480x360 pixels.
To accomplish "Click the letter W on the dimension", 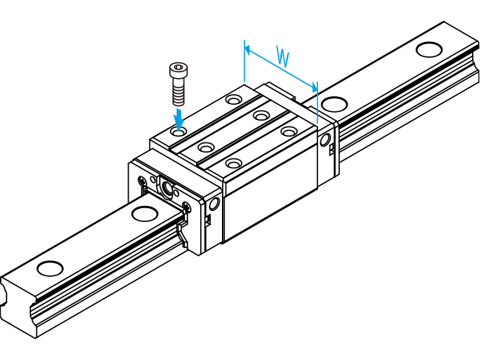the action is coord(283,56).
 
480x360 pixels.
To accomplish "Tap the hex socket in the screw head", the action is coord(179,67).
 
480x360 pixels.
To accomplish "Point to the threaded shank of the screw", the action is coord(179,90).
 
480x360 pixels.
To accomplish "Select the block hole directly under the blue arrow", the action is coord(179,132).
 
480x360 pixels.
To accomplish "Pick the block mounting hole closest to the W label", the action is coord(233,100).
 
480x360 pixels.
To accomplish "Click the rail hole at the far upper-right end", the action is coord(429,49).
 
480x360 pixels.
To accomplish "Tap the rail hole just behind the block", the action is coord(334,104).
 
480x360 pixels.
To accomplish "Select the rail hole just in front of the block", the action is coord(145,214).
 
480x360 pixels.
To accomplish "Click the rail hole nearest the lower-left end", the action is coord(50,268).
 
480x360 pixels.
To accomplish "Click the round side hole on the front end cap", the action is coord(214,204).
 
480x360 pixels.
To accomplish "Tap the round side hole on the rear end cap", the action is coord(325,140).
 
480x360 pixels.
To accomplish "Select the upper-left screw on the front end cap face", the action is coord(142,180).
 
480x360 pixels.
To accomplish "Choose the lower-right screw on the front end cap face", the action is coord(186,207).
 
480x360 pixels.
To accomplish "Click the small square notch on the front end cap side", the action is coord(208,220).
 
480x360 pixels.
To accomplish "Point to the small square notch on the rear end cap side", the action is coord(332,150).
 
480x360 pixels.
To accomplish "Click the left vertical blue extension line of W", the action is coord(244,61).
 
